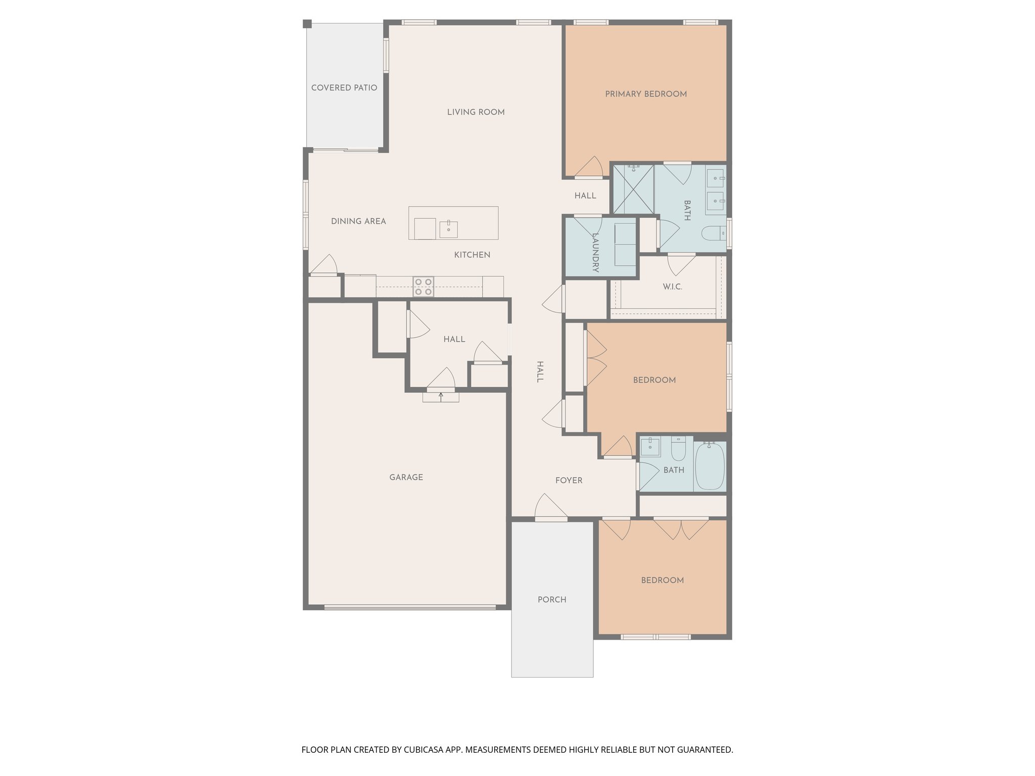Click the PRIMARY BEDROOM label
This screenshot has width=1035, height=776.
tap(645, 94)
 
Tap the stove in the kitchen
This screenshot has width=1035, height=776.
tap(423, 287)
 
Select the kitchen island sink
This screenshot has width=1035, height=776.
tap(448, 229)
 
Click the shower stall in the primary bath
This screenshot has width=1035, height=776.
tap(633, 189)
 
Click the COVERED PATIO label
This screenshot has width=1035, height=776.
tap(344, 88)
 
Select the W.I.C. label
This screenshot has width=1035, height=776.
tap(672, 287)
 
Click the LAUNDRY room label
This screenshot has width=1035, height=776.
tap(595, 253)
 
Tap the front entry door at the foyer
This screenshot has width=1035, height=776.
tap(551, 506)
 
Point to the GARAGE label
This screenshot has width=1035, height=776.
tap(406, 477)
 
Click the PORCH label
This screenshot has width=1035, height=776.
tap(551, 600)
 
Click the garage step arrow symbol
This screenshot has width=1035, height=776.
tap(441, 397)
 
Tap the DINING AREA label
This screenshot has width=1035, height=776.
tap(358, 221)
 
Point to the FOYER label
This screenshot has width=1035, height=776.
tap(569, 480)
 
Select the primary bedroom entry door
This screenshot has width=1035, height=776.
tap(589, 168)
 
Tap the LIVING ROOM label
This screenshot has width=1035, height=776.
tap(476, 112)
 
